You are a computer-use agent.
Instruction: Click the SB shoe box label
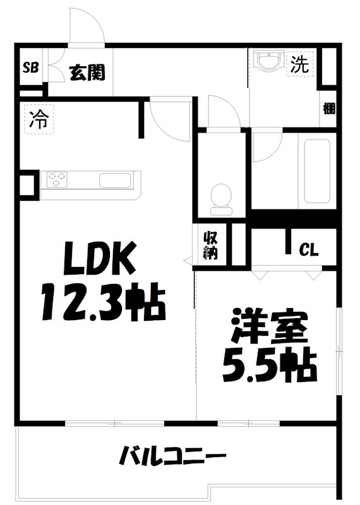coord(29,68)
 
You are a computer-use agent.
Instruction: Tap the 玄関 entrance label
coord(87,73)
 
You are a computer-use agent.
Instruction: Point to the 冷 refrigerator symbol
coord(39,119)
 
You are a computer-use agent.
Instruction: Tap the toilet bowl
coord(220,195)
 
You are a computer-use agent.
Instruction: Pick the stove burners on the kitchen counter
coord(56,180)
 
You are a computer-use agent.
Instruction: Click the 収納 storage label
coord(210,245)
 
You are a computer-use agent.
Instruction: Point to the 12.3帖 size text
coord(103,302)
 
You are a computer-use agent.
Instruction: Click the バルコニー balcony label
coord(172,454)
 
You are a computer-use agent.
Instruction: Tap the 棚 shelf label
coord(328,109)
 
